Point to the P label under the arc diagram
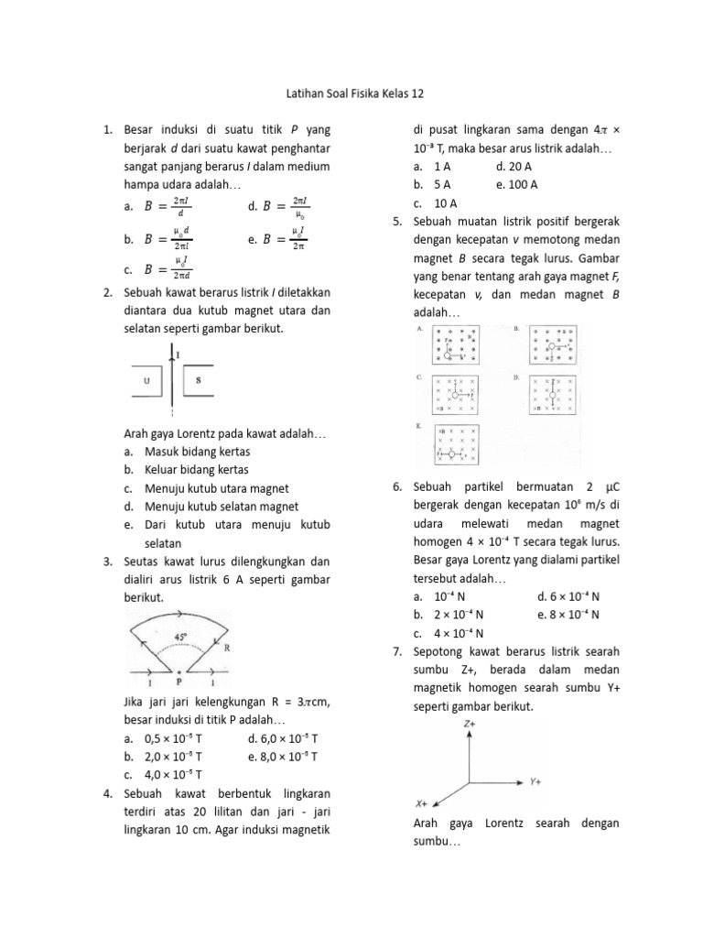pos(180,683)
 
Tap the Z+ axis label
pos(469,724)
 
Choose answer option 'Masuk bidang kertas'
pos(197,452)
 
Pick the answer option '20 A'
pos(514,167)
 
